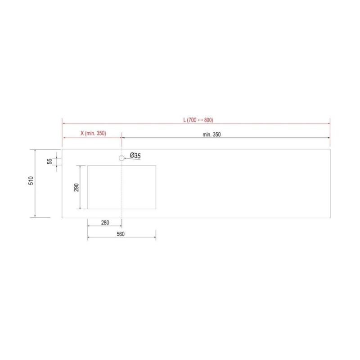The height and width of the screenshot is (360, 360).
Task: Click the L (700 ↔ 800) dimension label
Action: (x=198, y=120)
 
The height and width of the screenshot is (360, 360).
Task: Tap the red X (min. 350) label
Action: (x=93, y=133)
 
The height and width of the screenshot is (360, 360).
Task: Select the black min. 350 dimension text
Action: (x=211, y=135)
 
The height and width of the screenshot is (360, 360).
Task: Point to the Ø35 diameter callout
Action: (x=135, y=155)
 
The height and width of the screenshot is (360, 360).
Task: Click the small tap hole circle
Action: (x=121, y=158)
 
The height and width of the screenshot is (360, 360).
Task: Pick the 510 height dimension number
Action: (x=31, y=181)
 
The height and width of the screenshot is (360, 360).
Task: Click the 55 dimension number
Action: (x=49, y=162)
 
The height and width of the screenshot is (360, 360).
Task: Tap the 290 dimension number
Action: (x=76, y=187)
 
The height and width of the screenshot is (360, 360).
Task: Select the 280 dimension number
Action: (x=105, y=222)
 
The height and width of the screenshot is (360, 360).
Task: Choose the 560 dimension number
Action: (x=121, y=234)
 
